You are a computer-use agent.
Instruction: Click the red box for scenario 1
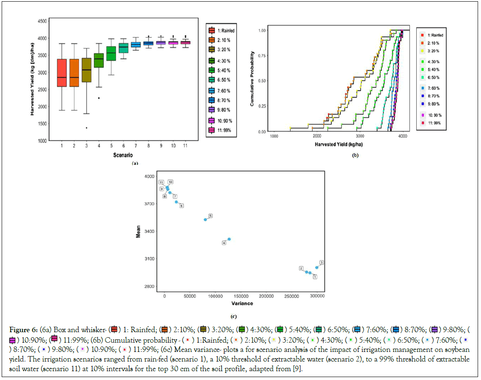tap(62, 73)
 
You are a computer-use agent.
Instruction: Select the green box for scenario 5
tap(111, 53)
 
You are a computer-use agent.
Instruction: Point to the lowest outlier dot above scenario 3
tap(87, 128)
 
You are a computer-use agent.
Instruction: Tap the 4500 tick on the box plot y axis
tap(41, 21)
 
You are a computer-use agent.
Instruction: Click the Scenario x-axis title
tap(124, 155)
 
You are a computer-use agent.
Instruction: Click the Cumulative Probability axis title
tap(252, 78)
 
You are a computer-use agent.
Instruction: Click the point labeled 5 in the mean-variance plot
tap(205, 219)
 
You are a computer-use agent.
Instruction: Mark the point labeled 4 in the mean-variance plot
tap(229, 239)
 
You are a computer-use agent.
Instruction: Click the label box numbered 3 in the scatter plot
tap(321, 263)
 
